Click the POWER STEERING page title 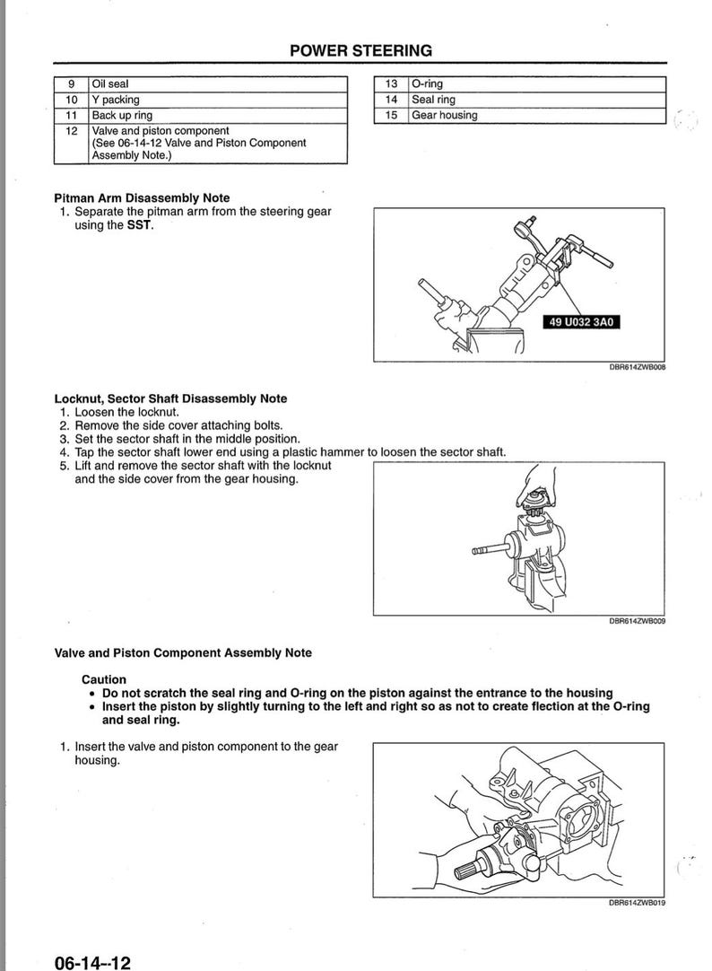click(360, 50)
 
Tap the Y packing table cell click(116, 100)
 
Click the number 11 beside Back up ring click(72, 115)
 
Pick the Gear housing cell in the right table click(445, 115)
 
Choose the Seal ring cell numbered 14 click(433, 100)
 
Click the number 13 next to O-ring click(391, 84)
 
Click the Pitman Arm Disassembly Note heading click(142, 197)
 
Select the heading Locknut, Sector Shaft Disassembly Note click(170, 398)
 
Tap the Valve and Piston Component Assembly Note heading click(183, 652)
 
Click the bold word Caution click(104, 679)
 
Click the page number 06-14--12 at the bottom click(92, 962)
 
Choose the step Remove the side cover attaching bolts click(178, 425)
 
